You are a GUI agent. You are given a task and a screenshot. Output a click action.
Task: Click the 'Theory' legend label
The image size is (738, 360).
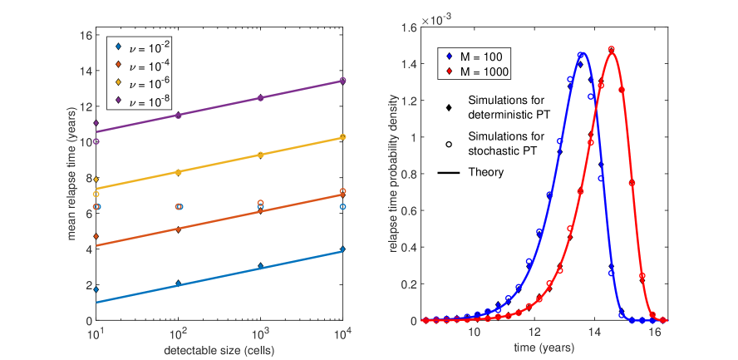click(x=485, y=172)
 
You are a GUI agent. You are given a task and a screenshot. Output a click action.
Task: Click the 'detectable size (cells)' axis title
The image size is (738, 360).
click(x=219, y=349)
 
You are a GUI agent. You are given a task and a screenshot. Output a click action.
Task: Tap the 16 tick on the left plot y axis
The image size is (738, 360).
click(x=86, y=36)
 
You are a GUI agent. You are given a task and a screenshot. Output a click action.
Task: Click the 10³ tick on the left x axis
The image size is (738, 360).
click(x=260, y=332)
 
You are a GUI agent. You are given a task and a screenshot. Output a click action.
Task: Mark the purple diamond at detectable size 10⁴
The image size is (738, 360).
click(x=342, y=81)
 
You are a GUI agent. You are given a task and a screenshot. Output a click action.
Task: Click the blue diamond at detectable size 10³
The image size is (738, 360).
click(x=260, y=266)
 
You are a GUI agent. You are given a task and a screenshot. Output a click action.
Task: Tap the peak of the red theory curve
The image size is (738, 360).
click(x=612, y=51)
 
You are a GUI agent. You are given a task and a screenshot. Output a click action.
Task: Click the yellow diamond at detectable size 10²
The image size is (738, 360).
click(x=179, y=172)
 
